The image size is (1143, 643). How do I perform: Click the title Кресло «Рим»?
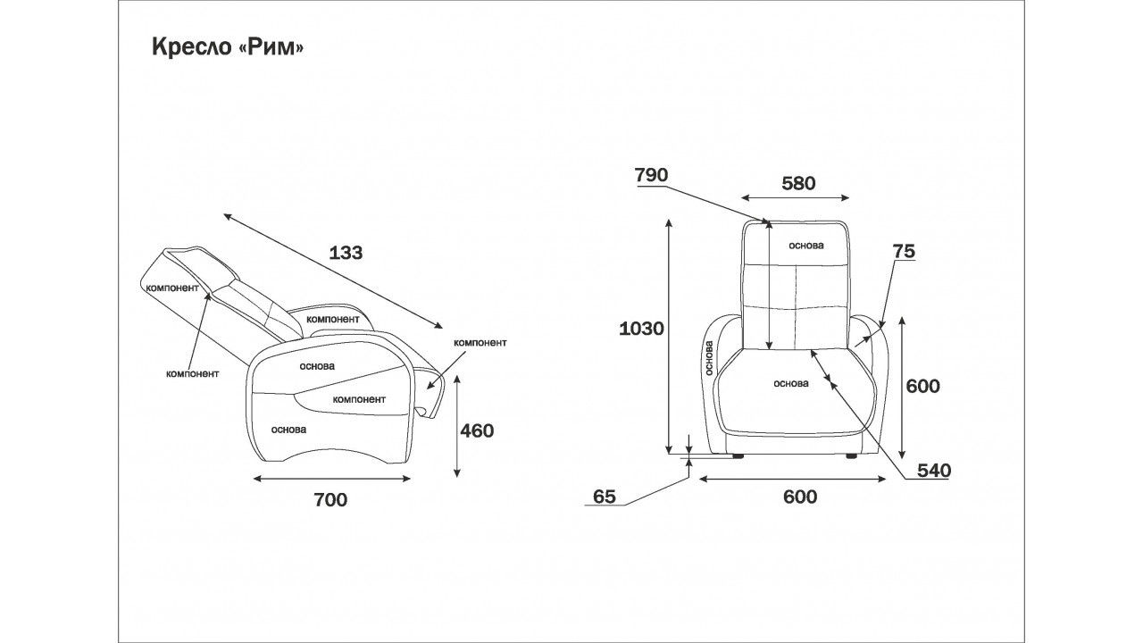pos(228,47)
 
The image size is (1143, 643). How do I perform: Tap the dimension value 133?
pos(346,253)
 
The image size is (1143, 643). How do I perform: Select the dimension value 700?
pos(330,500)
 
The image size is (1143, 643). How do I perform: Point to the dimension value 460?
pos(477,431)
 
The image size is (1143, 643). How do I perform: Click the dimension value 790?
pos(651,175)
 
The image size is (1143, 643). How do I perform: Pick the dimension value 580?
pos(798,183)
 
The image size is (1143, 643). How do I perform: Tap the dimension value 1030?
pos(641,329)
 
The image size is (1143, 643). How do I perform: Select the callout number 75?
pos(904,251)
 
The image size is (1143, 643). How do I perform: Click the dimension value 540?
pos(934,471)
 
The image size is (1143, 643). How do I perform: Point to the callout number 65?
pos(605,497)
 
